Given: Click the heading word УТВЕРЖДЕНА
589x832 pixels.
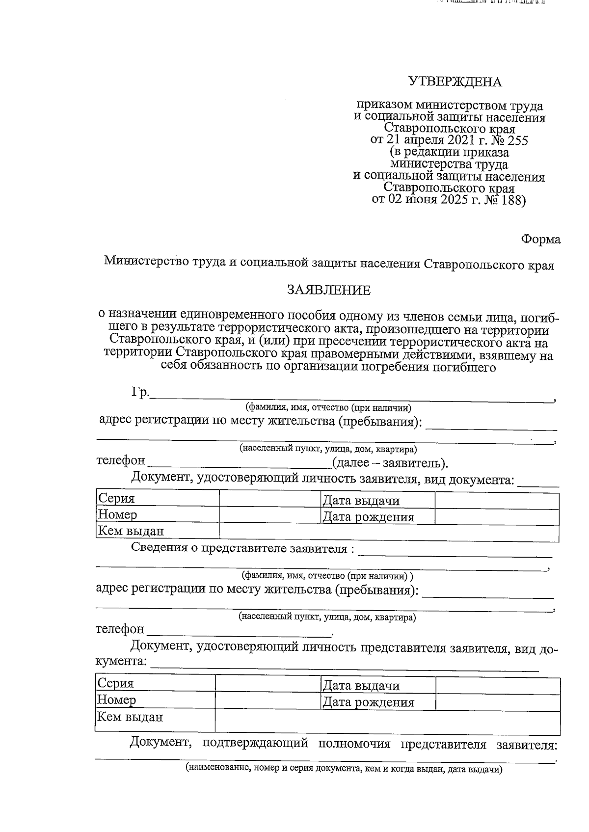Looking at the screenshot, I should coord(455,82).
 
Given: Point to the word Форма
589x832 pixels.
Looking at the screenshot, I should coord(540,240).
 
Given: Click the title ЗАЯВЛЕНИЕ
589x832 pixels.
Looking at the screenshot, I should coord(329,291).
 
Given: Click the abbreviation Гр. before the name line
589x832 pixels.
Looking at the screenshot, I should coord(140,393).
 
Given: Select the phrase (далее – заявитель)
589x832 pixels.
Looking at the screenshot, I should coord(390,463).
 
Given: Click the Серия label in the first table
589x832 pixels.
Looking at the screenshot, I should coord(116,499).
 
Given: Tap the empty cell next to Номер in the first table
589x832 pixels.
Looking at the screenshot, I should coord(269,515).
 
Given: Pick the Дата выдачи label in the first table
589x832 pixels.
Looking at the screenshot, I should coord(361,501).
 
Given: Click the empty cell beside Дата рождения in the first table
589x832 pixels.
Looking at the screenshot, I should coord(497,517).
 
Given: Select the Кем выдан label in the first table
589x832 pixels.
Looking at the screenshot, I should coord(131,531).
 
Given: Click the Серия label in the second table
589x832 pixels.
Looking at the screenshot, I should coord(115,683).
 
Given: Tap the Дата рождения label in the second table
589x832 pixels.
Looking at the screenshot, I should coord(368,702).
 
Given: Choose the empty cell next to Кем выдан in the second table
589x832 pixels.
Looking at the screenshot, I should coord(387,721).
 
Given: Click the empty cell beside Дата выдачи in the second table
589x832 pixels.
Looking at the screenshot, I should coord(498,686).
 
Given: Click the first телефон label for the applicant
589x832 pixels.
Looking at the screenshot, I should coord(121,461).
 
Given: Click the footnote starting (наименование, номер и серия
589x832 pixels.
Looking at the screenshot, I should coord(344,769).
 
